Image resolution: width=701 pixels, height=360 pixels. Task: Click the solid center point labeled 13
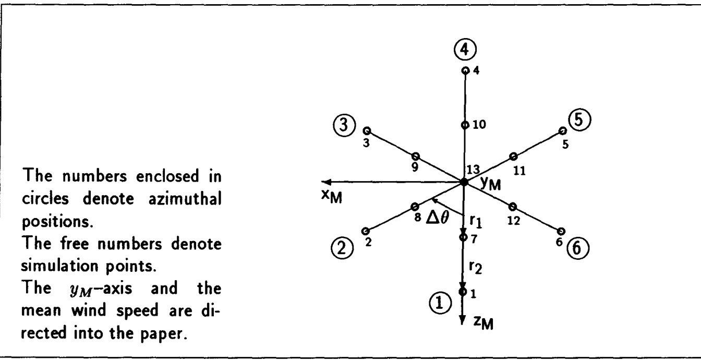coord(464,182)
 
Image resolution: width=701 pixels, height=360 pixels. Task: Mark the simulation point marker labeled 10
coord(464,125)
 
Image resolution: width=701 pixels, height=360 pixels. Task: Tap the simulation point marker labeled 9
coord(415,156)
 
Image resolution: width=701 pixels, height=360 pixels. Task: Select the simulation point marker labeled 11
coord(513,156)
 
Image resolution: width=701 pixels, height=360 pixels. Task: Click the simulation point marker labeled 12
coord(512,206)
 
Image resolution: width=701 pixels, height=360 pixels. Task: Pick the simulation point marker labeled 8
coord(415,206)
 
